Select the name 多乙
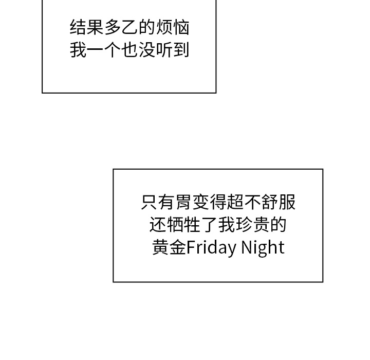click(121, 28)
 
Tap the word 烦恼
click(173, 28)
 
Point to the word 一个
click(104, 50)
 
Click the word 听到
click(173, 50)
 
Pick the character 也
click(130, 50)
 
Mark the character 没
click(147, 50)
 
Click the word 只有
click(158, 202)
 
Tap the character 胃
click(184, 202)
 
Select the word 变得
click(210, 202)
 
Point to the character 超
click(235, 202)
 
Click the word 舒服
click(279, 202)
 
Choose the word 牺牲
click(184, 225)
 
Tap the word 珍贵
click(253, 225)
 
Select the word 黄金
click(169, 247)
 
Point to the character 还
click(158, 225)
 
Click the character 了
click(210, 225)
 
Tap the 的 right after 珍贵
click(279, 225)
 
